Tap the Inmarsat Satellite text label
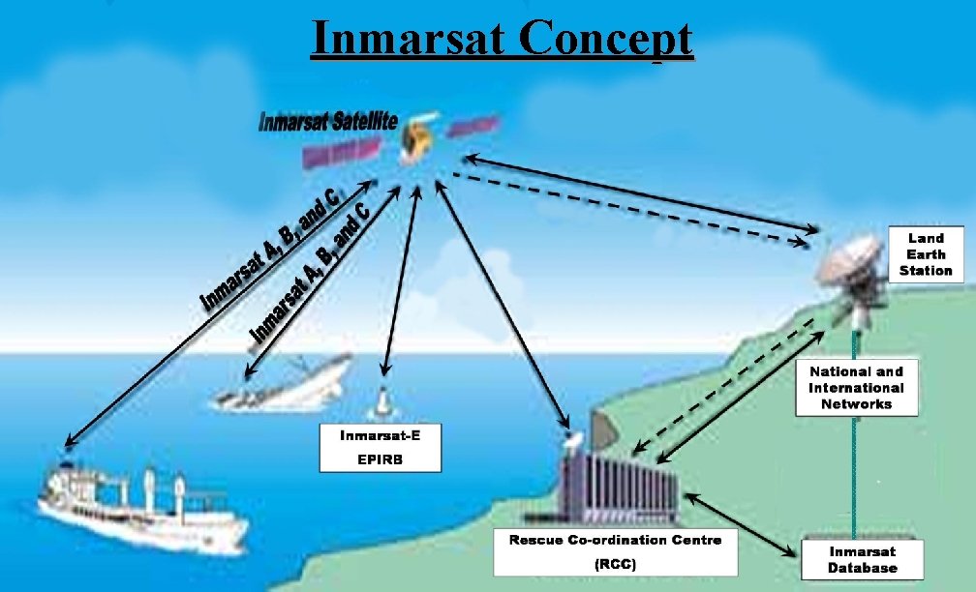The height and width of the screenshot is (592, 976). tap(328, 123)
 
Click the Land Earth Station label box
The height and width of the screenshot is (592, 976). tap(925, 253)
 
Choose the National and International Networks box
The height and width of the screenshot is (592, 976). tap(856, 388)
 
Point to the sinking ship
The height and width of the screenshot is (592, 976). tap(281, 385)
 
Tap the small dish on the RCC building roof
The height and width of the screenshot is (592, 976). tap(573, 440)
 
